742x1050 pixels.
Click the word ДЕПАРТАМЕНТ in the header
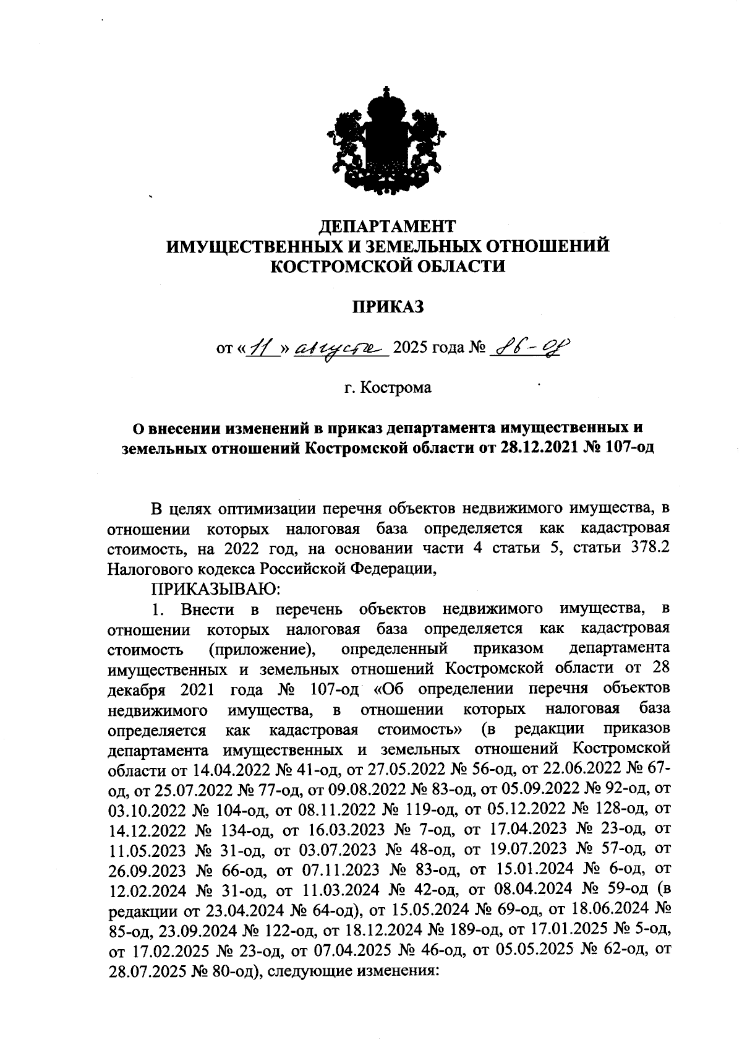coord(389,225)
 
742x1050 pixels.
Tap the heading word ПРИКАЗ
coord(388,306)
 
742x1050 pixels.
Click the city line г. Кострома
coord(388,388)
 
